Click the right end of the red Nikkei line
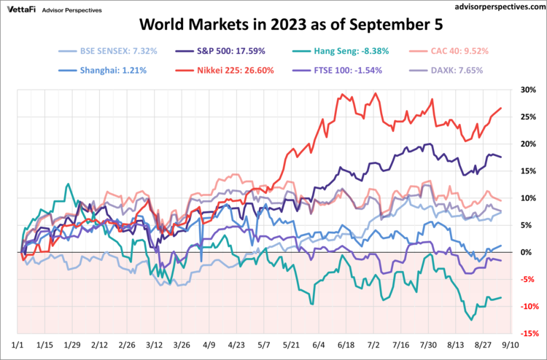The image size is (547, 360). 501,109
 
